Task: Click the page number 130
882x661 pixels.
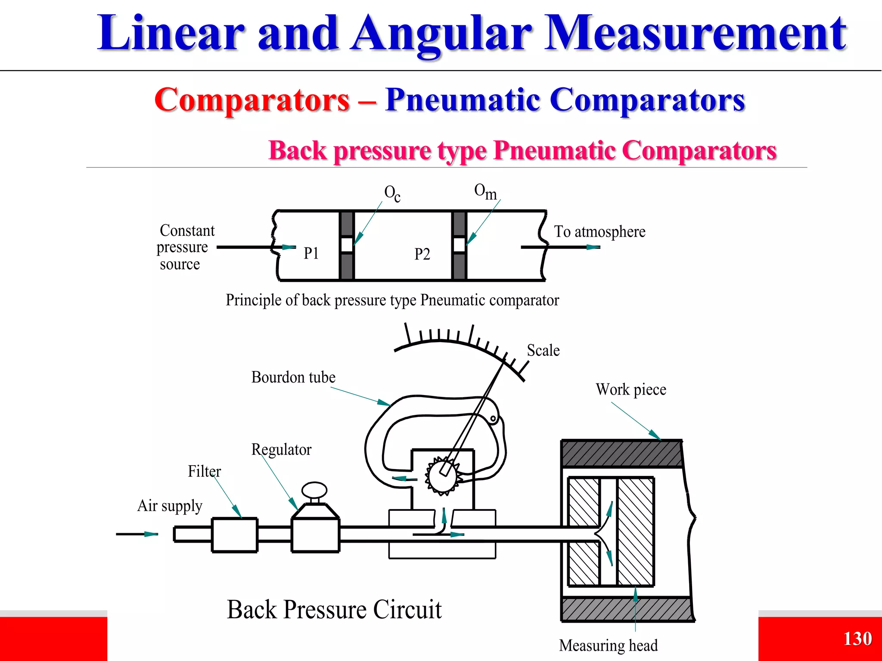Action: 857,639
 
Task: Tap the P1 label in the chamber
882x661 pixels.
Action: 311,253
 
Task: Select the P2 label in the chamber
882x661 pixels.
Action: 422,254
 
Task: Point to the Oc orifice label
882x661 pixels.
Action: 392,193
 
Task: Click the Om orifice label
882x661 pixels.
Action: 485,192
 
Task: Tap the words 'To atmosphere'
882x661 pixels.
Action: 599,232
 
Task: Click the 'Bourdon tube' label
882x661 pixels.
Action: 293,377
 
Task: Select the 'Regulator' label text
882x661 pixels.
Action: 281,449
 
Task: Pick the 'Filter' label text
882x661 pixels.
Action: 204,471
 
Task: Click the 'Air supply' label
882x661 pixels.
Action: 170,506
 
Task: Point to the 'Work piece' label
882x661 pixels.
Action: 631,389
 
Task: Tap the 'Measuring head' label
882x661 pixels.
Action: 608,646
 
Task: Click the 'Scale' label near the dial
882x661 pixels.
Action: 543,350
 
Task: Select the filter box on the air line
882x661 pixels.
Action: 234,534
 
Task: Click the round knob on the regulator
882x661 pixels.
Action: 314,490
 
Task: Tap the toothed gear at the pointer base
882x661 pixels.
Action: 442,476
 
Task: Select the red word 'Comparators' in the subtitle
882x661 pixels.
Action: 252,100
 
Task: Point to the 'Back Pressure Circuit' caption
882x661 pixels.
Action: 334,609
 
